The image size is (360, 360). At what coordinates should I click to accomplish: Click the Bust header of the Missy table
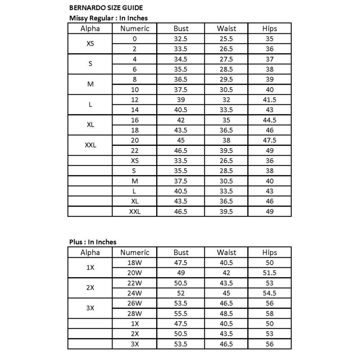[181, 28]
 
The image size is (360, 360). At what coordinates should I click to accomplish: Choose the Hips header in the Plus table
[270, 252]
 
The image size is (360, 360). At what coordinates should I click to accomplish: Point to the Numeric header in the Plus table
[135, 252]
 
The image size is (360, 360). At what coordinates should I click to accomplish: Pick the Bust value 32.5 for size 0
[181, 39]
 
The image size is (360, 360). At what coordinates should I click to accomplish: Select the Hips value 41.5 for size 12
[270, 99]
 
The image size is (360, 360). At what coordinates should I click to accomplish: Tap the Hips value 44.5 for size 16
[270, 120]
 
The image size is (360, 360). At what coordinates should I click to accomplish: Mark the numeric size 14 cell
[135, 109]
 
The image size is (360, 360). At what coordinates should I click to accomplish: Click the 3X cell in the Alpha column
[90, 309]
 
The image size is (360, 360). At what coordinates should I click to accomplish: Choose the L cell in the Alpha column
[90, 104]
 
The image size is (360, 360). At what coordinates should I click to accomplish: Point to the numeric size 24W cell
[135, 293]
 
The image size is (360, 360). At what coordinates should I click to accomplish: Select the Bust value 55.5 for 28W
[181, 314]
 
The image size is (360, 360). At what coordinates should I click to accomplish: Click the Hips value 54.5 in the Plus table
[270, 293]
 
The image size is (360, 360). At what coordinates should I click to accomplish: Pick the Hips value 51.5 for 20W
[270, 273]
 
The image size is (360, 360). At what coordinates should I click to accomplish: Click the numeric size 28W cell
[135, 314]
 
